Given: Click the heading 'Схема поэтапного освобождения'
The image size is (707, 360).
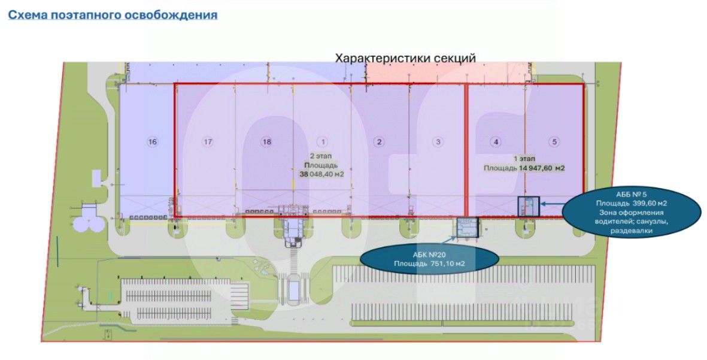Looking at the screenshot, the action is coord(112,15).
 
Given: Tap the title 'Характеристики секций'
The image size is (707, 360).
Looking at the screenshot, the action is coord(405,58).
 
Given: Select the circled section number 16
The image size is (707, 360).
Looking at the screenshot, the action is coord(153,142).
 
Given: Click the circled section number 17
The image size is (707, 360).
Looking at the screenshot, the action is coord(208,142).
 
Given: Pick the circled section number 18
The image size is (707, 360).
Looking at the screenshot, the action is coord(266,142).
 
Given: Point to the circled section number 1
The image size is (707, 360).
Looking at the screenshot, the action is coord(323,142).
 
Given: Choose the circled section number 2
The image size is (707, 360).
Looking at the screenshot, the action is coord(379,142).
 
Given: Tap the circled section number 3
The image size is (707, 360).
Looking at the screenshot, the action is coord(439,142).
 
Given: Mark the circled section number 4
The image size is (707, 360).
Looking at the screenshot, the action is coord(496,142).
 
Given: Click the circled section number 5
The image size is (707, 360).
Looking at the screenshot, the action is coord(555,142).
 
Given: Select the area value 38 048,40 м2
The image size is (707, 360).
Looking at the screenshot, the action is coord(321,174).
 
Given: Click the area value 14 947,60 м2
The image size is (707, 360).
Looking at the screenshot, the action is coord(542,168).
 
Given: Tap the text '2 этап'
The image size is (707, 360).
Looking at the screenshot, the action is coord(321,155).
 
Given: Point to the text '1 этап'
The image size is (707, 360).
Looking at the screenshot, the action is coord(524,159).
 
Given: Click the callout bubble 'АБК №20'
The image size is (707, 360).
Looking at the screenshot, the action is coord(429,259).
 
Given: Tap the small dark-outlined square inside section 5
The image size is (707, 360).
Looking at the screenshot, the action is coord(528,205).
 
